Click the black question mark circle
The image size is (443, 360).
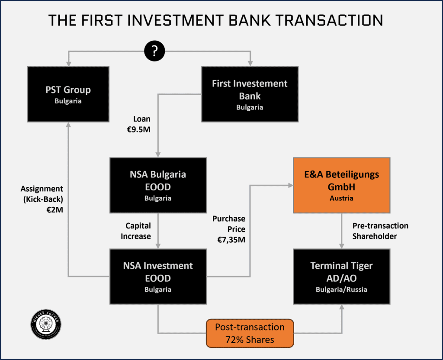coord(154,51)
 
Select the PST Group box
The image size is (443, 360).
coord(68,94)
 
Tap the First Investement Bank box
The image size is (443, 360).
coord(250,94)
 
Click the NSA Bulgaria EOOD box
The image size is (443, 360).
coord(157,185)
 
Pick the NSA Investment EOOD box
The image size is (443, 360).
coord(158,276)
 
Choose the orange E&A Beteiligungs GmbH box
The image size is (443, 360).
coord(341,185)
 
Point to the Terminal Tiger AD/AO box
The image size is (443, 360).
coord(341,276)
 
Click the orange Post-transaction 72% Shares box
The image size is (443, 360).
coord(250,333)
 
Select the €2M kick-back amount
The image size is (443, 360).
coord(54,210)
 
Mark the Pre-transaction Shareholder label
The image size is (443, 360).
coord(380,231)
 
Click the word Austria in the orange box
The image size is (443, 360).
coord(341,199)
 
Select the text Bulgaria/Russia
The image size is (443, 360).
coord(341,289)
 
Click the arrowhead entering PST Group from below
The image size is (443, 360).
coord(68,125)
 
